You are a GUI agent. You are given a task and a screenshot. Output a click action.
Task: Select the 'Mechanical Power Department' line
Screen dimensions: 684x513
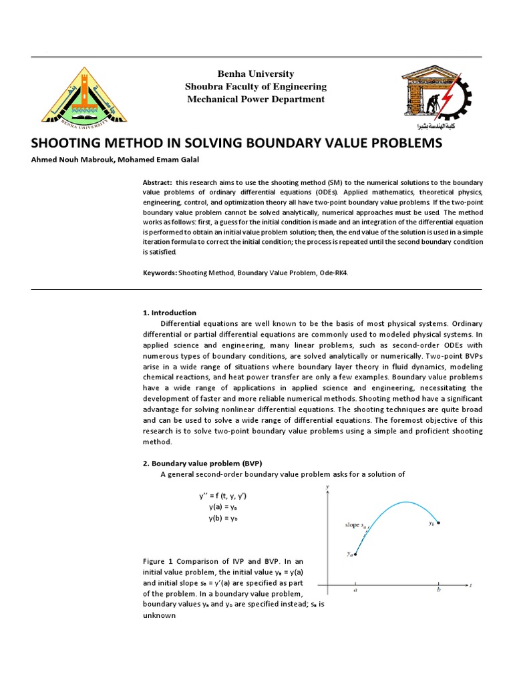(256, 100)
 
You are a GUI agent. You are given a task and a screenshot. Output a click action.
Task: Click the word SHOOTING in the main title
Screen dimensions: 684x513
(67, 144)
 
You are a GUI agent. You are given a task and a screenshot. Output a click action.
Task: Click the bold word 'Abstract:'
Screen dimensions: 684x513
(158, 182)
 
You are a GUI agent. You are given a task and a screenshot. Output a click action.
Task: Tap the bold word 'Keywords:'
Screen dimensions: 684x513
(160, 273)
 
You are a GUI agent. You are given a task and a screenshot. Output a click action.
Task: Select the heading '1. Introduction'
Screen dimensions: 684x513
(170, 313)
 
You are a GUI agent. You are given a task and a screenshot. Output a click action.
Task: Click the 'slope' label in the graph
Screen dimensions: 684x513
(352, 525)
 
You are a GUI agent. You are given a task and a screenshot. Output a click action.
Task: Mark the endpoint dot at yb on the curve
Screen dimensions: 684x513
(439, 522)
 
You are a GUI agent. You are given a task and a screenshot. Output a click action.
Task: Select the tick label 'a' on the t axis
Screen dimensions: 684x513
(355, 590)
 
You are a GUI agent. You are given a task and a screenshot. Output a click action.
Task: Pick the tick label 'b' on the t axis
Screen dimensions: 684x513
(439, 590)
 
